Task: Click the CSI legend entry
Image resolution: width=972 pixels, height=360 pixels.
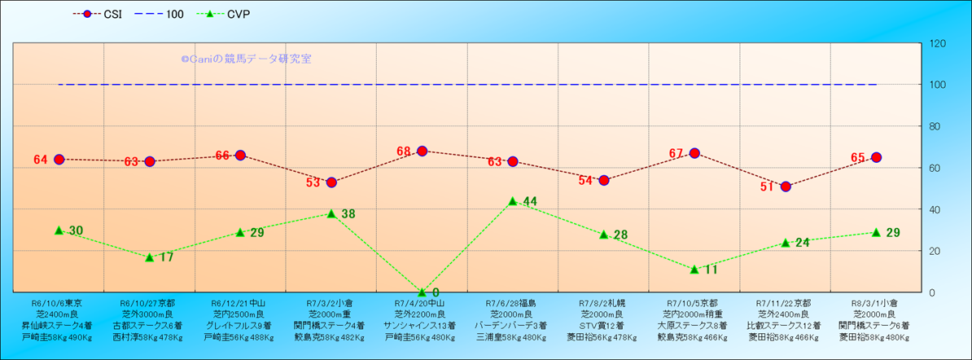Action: (x=97, y=15)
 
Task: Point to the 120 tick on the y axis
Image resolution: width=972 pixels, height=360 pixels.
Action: (x=937, y=43)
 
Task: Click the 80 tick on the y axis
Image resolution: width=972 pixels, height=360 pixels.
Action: (x=935, y=126)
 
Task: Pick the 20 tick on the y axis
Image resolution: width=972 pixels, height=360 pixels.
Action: (x=935, y=251)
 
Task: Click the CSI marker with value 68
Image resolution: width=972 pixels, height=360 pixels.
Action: (x=422, y=151)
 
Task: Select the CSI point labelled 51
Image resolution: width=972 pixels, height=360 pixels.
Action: (x=786, y=187)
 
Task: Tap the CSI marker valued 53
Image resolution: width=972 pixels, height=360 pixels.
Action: (x=331, y=182)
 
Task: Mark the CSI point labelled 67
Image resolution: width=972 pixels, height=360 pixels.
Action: (x=694, y=153)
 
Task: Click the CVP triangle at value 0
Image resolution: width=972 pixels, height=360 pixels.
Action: (x=422, y=292)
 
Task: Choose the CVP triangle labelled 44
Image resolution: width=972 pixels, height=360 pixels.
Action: (x=513, y=201)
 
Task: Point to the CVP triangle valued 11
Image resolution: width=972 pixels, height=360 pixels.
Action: (x=694, y=269)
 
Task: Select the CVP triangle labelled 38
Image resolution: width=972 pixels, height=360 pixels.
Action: (x=331, y=213)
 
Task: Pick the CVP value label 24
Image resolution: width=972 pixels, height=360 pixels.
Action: (x=803, y=243)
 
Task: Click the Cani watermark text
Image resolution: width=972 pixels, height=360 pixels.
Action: (x=246, y=59)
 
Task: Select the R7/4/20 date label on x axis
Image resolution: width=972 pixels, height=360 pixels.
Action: (x=422, y=301)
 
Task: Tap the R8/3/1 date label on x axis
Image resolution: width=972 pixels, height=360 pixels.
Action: (x=876, y=301)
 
